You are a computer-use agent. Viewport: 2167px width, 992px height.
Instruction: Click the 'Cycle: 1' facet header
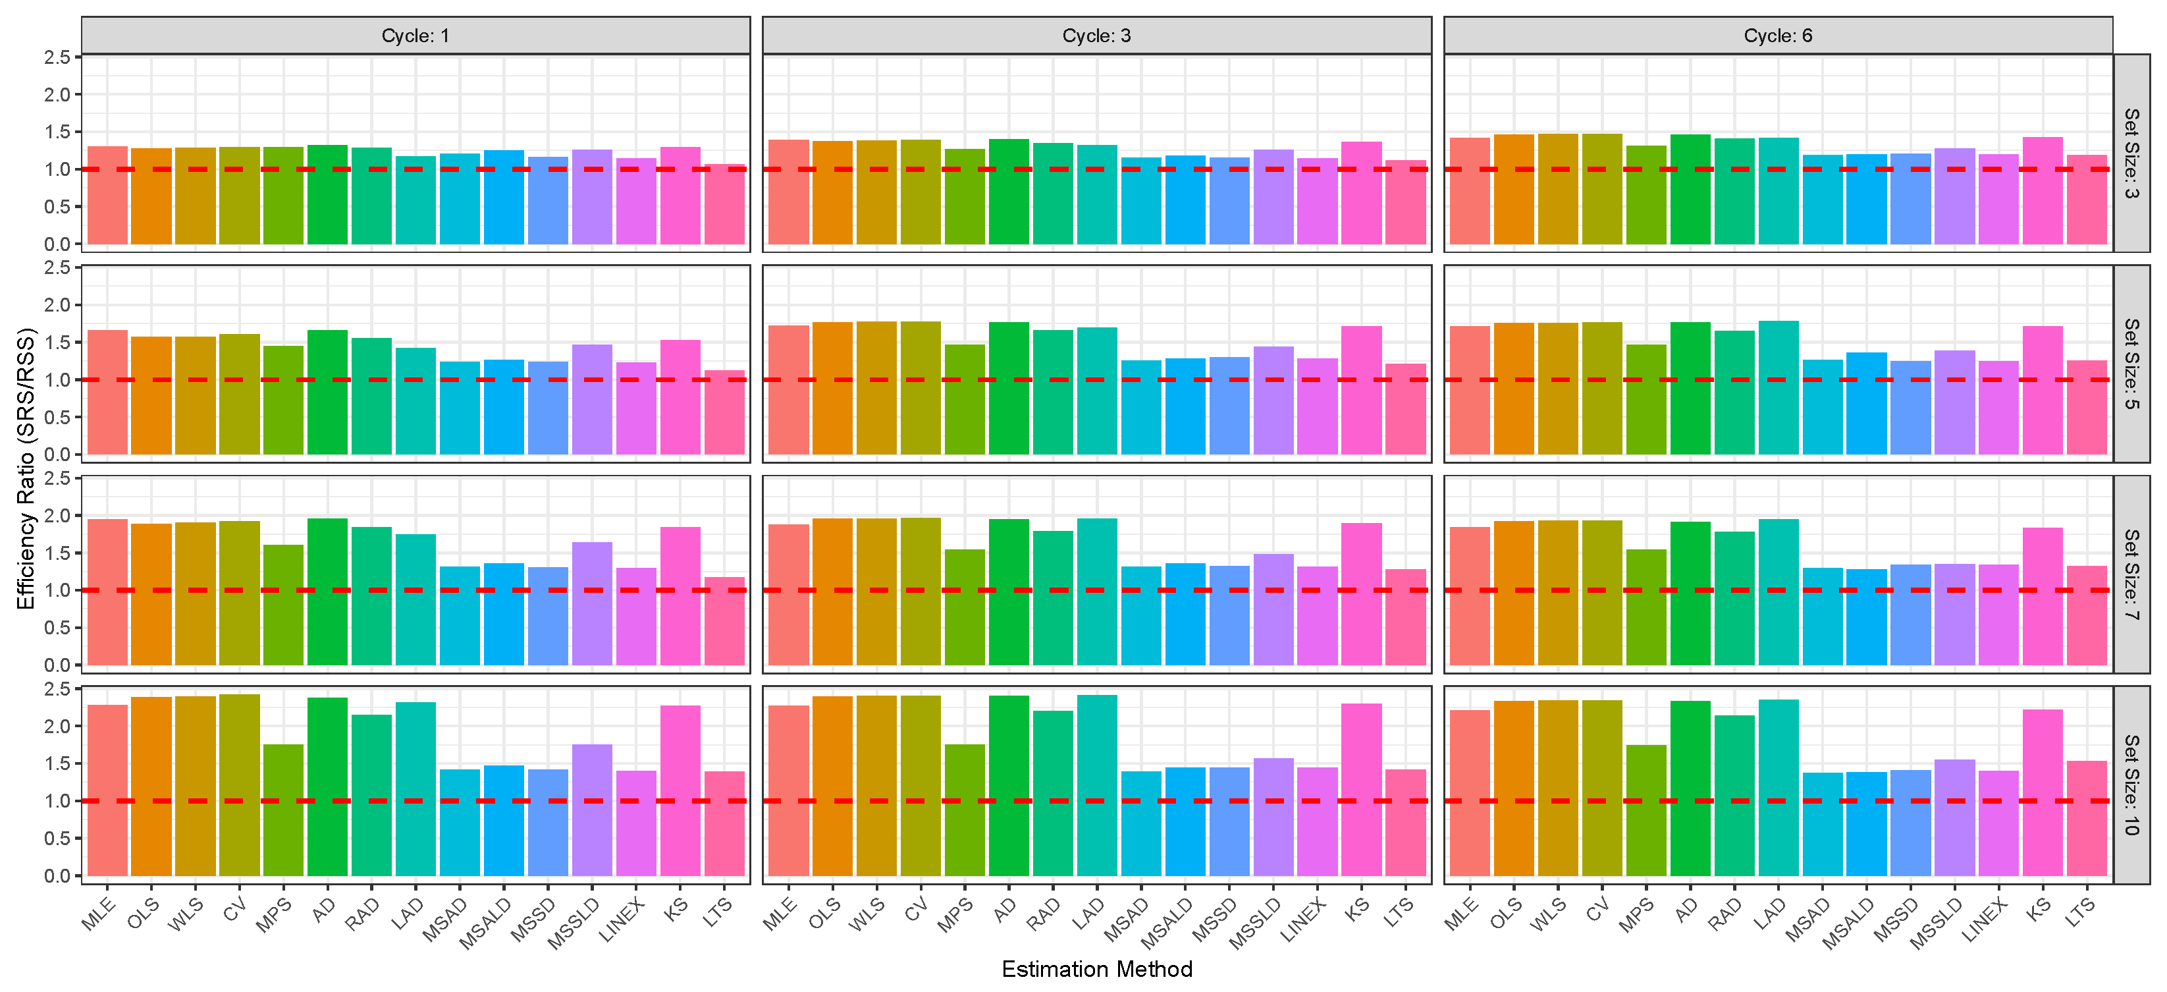(415, 36)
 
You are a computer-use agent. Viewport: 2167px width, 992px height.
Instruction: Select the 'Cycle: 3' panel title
(1096, 36)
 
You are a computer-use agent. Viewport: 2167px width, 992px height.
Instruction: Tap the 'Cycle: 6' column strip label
(1777, 36)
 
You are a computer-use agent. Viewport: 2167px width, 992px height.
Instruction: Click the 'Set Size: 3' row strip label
(2131, 153)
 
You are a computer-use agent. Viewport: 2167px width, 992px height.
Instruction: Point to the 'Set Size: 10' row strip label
(2131, 784)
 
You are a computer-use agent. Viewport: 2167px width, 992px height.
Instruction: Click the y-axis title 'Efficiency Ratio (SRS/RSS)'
(26, 468)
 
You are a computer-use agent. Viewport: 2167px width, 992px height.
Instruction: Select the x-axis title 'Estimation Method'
(1096, 970)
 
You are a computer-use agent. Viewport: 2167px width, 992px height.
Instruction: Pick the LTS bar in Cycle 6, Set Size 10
(2086, 818)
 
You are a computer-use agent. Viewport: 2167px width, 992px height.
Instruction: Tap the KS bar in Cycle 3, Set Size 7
(1361, 594)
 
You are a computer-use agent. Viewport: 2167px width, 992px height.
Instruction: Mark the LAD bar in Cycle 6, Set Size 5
(1779, 388)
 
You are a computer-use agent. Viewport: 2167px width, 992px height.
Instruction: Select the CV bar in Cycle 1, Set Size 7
(240, 593)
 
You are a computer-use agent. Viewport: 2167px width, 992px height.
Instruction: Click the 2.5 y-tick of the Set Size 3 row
(57, 57)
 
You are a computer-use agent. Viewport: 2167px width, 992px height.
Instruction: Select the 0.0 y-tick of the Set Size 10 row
(57, 876)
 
